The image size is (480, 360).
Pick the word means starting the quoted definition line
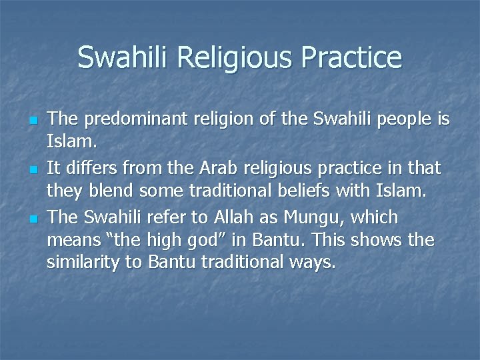pos(70,240)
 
